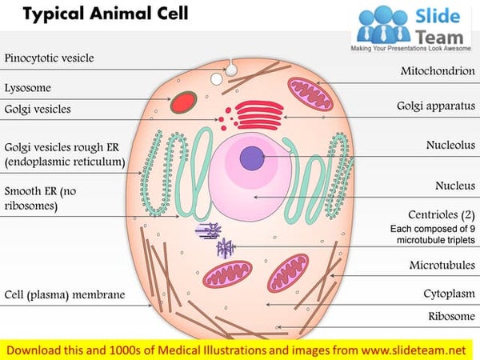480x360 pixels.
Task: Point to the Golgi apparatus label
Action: (x=435, y=106)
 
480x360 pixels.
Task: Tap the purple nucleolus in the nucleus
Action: (x=254, y=158)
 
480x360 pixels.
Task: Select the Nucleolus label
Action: (x=449, y=145)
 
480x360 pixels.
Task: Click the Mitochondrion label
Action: (x=437, y=71)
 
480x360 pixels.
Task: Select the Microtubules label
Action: (x=442, y=265)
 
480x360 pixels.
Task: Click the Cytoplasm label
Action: (x=449, y=294)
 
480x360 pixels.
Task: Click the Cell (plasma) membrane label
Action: (x=65, y=295)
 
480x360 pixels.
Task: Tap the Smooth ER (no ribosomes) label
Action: (x=44, y=198)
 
